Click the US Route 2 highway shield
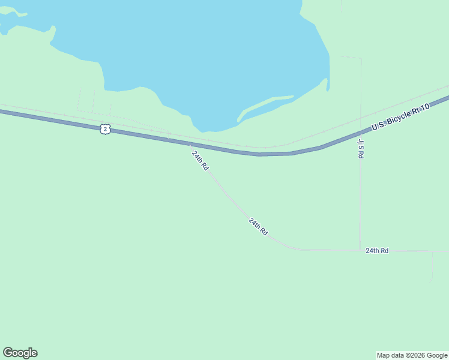(106, 128)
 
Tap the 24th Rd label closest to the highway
(200, 161)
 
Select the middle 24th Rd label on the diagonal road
(258, 226)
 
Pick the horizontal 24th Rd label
(377, 250)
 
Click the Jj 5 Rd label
(361, 148)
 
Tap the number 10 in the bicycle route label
(424, 107)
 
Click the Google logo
(20, 353)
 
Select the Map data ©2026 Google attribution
(412, 355)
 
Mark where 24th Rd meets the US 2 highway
(190, 145)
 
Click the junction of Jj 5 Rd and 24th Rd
(360, 250)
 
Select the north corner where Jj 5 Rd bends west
(361, 59)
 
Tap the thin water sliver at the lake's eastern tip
(328, 84)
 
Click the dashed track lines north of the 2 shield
(94, 102)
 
